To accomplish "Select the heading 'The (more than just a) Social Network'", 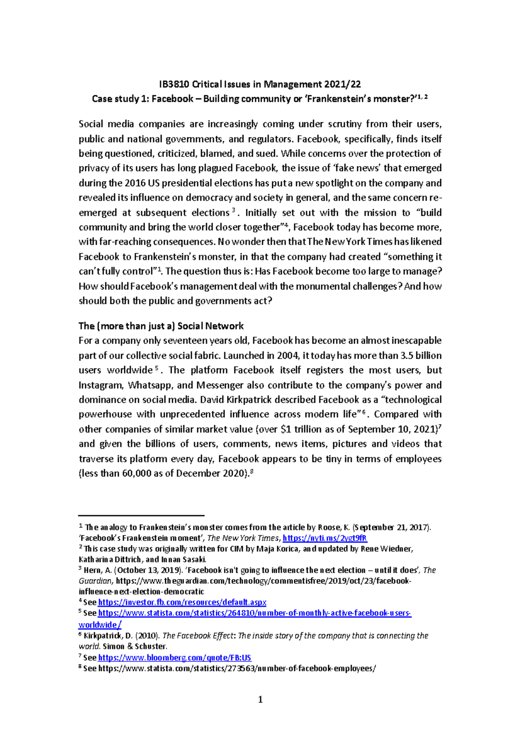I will click(x=161, y=326).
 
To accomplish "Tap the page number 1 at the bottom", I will click(x=260, y=699).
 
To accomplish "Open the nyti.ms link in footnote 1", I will click(x=325, y=538).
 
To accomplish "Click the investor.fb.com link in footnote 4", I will click(x=182, y=602).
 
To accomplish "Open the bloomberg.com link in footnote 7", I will click(x=175, y=658).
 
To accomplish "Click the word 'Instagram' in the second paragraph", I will click(x=101, y=385).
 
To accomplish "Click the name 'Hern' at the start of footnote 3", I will click(x=92, y=570).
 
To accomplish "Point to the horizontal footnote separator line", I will click(x=141, y=515).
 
